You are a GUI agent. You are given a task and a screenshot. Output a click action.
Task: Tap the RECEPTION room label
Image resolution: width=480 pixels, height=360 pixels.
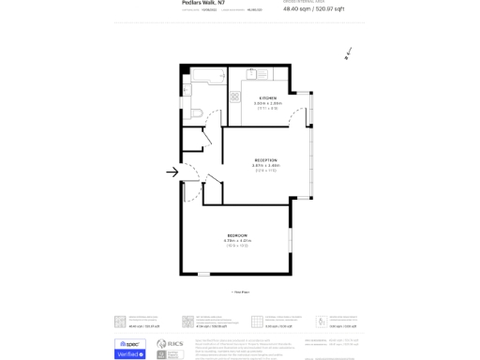(x=265, y=160)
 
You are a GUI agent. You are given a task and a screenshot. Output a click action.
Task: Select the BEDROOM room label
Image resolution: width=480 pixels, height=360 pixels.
(x=237, y=234)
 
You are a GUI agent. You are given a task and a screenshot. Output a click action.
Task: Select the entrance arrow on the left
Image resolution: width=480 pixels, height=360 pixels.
(x=172, y=172)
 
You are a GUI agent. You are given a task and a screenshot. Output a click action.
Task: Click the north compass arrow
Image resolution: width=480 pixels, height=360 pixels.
(x=348, y=53)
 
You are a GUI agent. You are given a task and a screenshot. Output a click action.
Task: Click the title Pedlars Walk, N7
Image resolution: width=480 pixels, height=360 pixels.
(x=203, y=3)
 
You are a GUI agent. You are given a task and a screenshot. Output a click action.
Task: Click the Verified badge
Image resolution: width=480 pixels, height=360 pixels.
(x=129, y=354)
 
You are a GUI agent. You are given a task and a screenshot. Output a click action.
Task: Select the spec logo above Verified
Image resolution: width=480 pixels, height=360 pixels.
(x=129, y=343)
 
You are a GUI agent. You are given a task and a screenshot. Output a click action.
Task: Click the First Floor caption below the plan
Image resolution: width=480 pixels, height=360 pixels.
(x=240, y=292)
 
